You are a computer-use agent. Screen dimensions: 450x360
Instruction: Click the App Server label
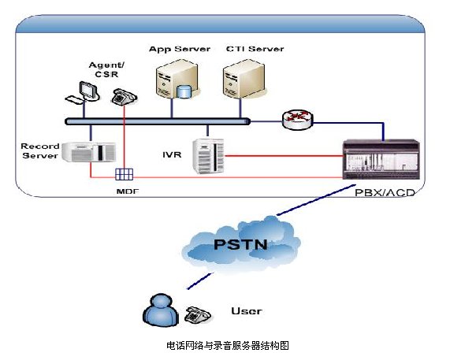[180, 49]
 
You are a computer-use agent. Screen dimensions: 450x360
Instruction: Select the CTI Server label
[255, 49]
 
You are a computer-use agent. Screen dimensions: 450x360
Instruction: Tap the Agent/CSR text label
[106, 69]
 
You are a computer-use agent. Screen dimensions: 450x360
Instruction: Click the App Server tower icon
[177, 79]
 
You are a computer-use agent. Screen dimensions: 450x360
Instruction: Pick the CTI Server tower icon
[244, 79]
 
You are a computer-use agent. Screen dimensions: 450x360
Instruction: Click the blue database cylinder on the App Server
[184, 91]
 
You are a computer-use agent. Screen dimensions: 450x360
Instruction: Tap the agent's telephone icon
[124, 97]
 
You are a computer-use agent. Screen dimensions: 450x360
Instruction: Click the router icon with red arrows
[297, 120]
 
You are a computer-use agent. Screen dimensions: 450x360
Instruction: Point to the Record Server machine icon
[89, 151]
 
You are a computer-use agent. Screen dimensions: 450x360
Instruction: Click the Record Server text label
[40, 151]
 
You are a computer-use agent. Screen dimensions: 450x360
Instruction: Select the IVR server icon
[208, 156]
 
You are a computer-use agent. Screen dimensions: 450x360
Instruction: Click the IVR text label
[172, 155]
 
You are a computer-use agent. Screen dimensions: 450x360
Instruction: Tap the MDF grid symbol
[124, 174]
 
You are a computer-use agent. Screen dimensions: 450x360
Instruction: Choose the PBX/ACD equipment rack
[381, 159]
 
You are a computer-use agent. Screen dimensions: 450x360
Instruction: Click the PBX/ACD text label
[385, 192]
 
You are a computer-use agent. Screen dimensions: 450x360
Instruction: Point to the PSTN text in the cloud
[240, 244]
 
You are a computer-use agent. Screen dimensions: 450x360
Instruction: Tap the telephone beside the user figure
[198, 314]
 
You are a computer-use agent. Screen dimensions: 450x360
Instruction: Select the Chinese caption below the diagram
[228, 345]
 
